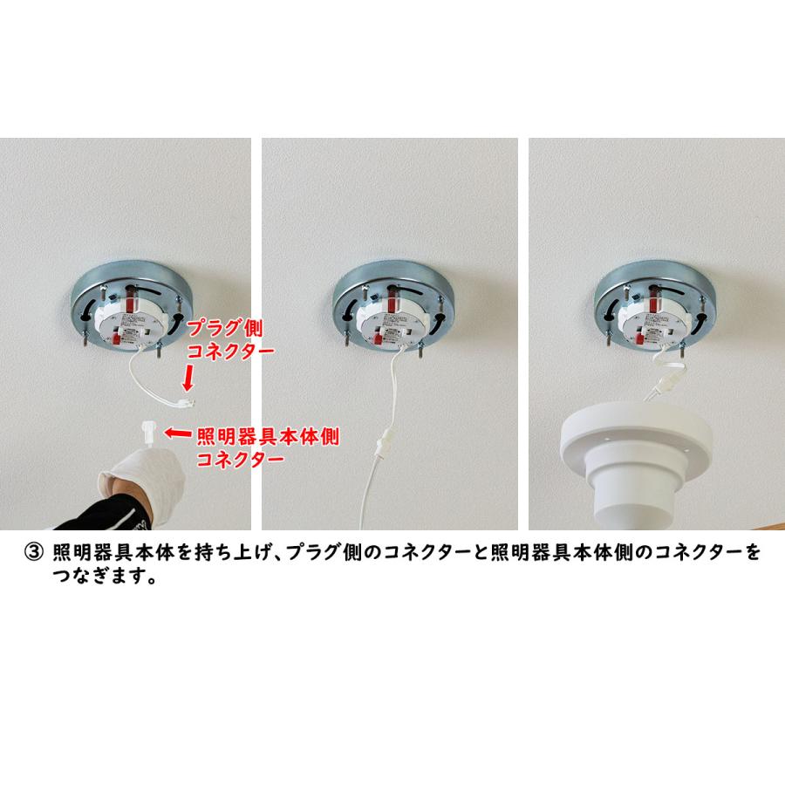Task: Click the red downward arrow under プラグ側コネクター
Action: [187, 379]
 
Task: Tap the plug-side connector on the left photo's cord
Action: [184, 401]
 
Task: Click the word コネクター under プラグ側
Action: [231, 351]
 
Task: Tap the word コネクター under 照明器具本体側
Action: [240, 459]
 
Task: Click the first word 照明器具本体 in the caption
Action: [107, 553]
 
